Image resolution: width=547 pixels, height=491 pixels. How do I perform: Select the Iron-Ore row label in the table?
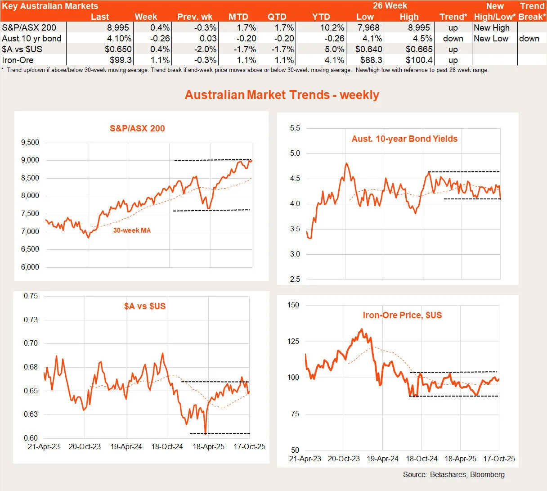pyautogui.click(x=18, y=60)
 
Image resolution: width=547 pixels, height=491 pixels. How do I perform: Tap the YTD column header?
pyautogui.click(x=321, y=17)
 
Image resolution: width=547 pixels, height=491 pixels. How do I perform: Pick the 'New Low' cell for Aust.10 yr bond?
pyautogui.click(x=491, y=39)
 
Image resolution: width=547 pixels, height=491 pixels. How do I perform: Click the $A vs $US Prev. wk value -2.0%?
pyautogui.click(x=203, y=50)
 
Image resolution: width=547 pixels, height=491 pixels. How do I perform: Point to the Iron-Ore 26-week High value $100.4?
pyautogui.click(x=419, y=60)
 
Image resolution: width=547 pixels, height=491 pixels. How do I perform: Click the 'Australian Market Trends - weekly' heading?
pyautogui.click(x=282, y=95)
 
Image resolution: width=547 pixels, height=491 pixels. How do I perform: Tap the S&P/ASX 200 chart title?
pyautogui.click(x=137, y=128)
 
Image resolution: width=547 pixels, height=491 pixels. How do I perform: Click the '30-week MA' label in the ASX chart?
pyautogui.click(x=132, y=230)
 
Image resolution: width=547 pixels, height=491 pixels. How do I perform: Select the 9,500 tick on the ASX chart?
pyautogui.click(x=30, y=143)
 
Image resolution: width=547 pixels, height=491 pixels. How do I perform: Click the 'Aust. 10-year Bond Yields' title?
pyautogui.click(x=404, y=139)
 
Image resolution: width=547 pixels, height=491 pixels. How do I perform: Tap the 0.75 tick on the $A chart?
pyautogui.click(x=31, y=296)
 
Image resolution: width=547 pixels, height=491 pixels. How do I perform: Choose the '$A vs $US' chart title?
pyautogui.click(x=145, y=306)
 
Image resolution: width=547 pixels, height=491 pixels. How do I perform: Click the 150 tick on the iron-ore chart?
pyautogui.click(x=293, y=305)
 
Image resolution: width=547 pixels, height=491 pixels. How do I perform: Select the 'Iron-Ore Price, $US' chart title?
pyautogui.click(x=402, y=315)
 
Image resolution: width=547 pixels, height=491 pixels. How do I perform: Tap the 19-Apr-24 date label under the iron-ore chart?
pyautogui.click(x=382, y=459)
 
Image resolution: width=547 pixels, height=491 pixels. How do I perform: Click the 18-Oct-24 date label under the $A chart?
pyautogui.click(x=167, y=447)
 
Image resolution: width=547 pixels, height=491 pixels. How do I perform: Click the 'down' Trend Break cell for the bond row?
pyautogui.click(x=529, y=39)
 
